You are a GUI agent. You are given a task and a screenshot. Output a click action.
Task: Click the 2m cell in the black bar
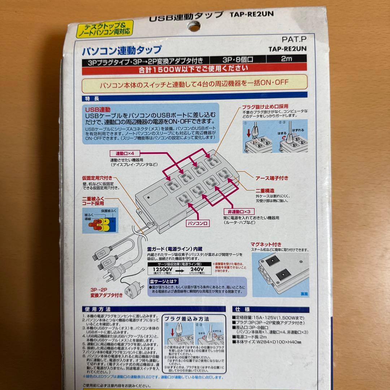(286, 60)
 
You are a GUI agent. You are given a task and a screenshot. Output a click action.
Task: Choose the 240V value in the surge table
(198, 269)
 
